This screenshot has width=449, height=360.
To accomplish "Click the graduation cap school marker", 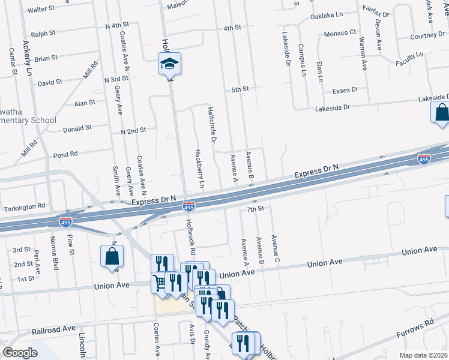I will tap(170, 64).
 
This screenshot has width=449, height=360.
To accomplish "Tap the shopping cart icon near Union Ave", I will tap(159, 282).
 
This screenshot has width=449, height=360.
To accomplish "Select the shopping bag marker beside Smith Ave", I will tap(112, 256).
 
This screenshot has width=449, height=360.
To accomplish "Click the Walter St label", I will tap(41, 10).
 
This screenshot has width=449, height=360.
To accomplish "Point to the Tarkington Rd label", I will tap(25, 206).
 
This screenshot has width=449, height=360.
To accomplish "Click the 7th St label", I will tap(255, 209).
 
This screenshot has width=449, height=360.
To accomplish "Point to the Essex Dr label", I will tap(345, 90).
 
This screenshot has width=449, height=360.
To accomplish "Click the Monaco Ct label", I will tap(340, 33).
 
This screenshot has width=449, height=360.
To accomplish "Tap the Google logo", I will tap(20, 352).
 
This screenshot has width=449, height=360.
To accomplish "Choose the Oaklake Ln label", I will tap(326, 15).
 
